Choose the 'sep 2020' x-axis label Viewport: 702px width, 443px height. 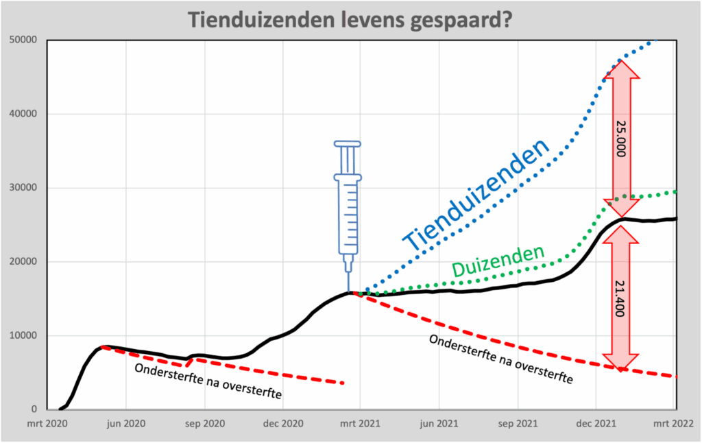click(x=204, y=424)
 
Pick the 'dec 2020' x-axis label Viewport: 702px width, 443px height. click(x=282, y=424)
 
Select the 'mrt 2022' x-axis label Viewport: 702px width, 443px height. click(x=675, y=424)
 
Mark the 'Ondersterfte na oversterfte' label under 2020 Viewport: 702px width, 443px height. click(x=208, y=381)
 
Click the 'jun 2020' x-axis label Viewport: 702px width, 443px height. click(x=126, y=424)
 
